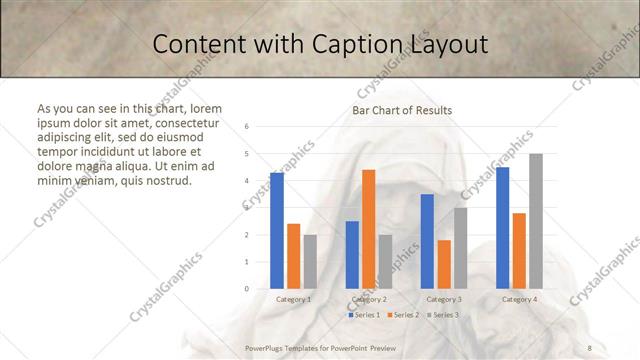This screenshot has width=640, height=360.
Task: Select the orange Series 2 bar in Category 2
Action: (369, 229)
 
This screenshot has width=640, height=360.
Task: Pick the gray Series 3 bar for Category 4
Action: (536, 221)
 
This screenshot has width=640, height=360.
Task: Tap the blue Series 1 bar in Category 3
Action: (427, 241)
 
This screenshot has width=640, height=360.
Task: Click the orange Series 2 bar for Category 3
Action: (444, 264)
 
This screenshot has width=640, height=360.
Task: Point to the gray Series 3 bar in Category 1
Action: (310, 261)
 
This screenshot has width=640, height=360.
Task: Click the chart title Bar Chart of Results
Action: (402, 110)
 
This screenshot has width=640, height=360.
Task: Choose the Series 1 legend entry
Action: (365, 315)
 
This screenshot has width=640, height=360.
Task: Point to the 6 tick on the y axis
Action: (247, 127)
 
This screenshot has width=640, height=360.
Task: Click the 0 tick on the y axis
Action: (247, 288)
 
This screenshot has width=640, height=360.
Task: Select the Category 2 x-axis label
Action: (369, 299)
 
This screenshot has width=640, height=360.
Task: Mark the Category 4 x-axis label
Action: (519, 299)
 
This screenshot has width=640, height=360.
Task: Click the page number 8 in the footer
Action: (590, 348)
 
